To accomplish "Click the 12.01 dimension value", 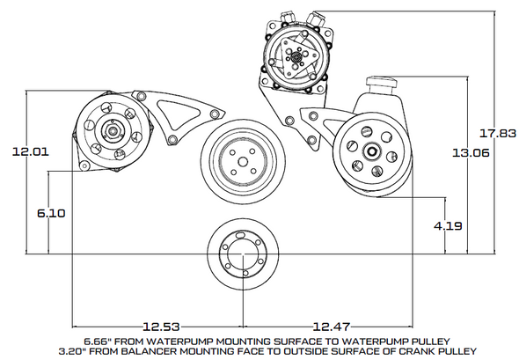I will coord(30,151).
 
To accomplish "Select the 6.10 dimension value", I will coord(50,213).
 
